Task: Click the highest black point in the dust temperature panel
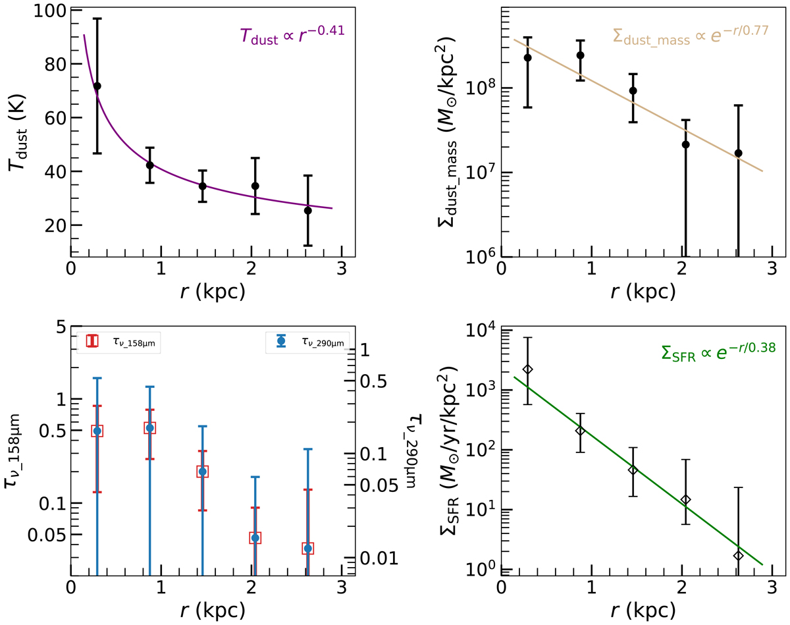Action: pos(97,86)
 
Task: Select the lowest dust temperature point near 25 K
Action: pos(307,210)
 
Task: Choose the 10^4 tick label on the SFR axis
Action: pos(483,331)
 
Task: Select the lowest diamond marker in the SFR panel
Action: pos(739,555)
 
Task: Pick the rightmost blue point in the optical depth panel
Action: pos(307,548)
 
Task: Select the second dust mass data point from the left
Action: pos(580,55)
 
